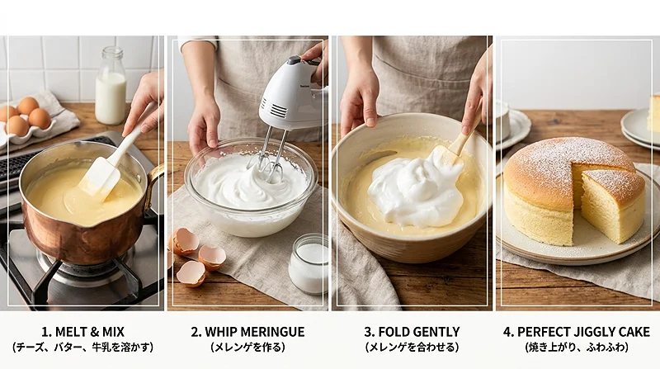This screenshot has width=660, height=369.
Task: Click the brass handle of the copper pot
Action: pos(154,186)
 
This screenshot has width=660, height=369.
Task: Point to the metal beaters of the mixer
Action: pos(267,155)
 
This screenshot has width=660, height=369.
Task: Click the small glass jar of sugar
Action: pos(309,263)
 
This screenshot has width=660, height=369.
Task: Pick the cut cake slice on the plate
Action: pos(613,202)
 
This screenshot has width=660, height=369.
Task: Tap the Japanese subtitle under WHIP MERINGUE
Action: pos(248,347)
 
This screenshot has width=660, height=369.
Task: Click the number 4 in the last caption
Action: pos(507,332)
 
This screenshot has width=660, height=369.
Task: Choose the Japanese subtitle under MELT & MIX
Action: pos(83,347)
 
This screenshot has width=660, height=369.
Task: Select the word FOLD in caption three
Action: pos(394,332)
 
